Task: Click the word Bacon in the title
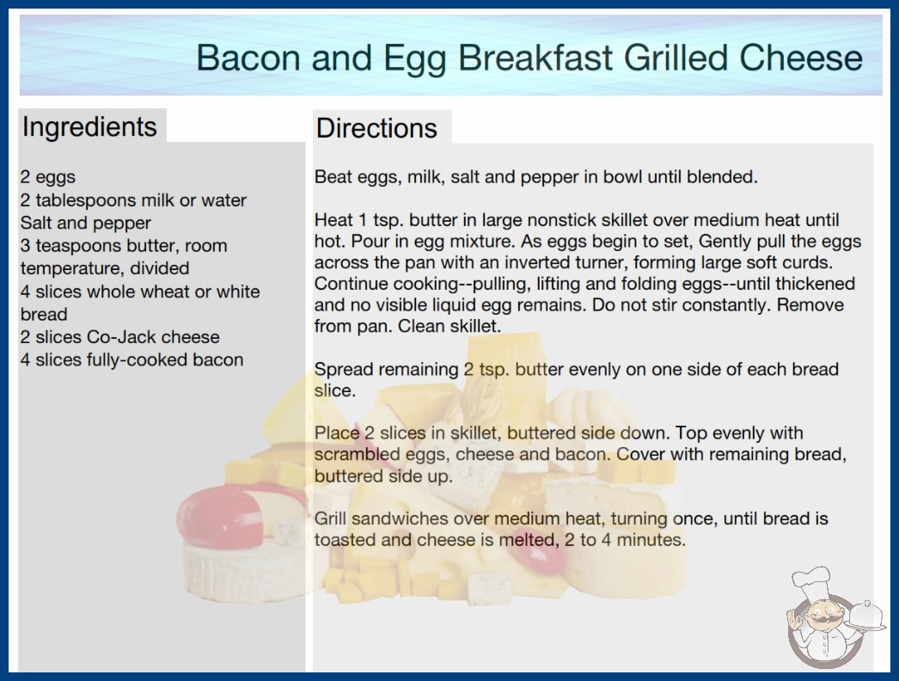click(x=248, y=58)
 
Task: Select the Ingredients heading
click(x=89, y=127)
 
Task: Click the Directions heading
click(x=376, y=128)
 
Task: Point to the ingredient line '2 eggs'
click(x=48, y=177)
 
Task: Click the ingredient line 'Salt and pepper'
click(x=85, y=223)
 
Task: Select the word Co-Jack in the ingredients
click(x=123, y=337)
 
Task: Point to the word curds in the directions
click(x=808, y=262)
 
